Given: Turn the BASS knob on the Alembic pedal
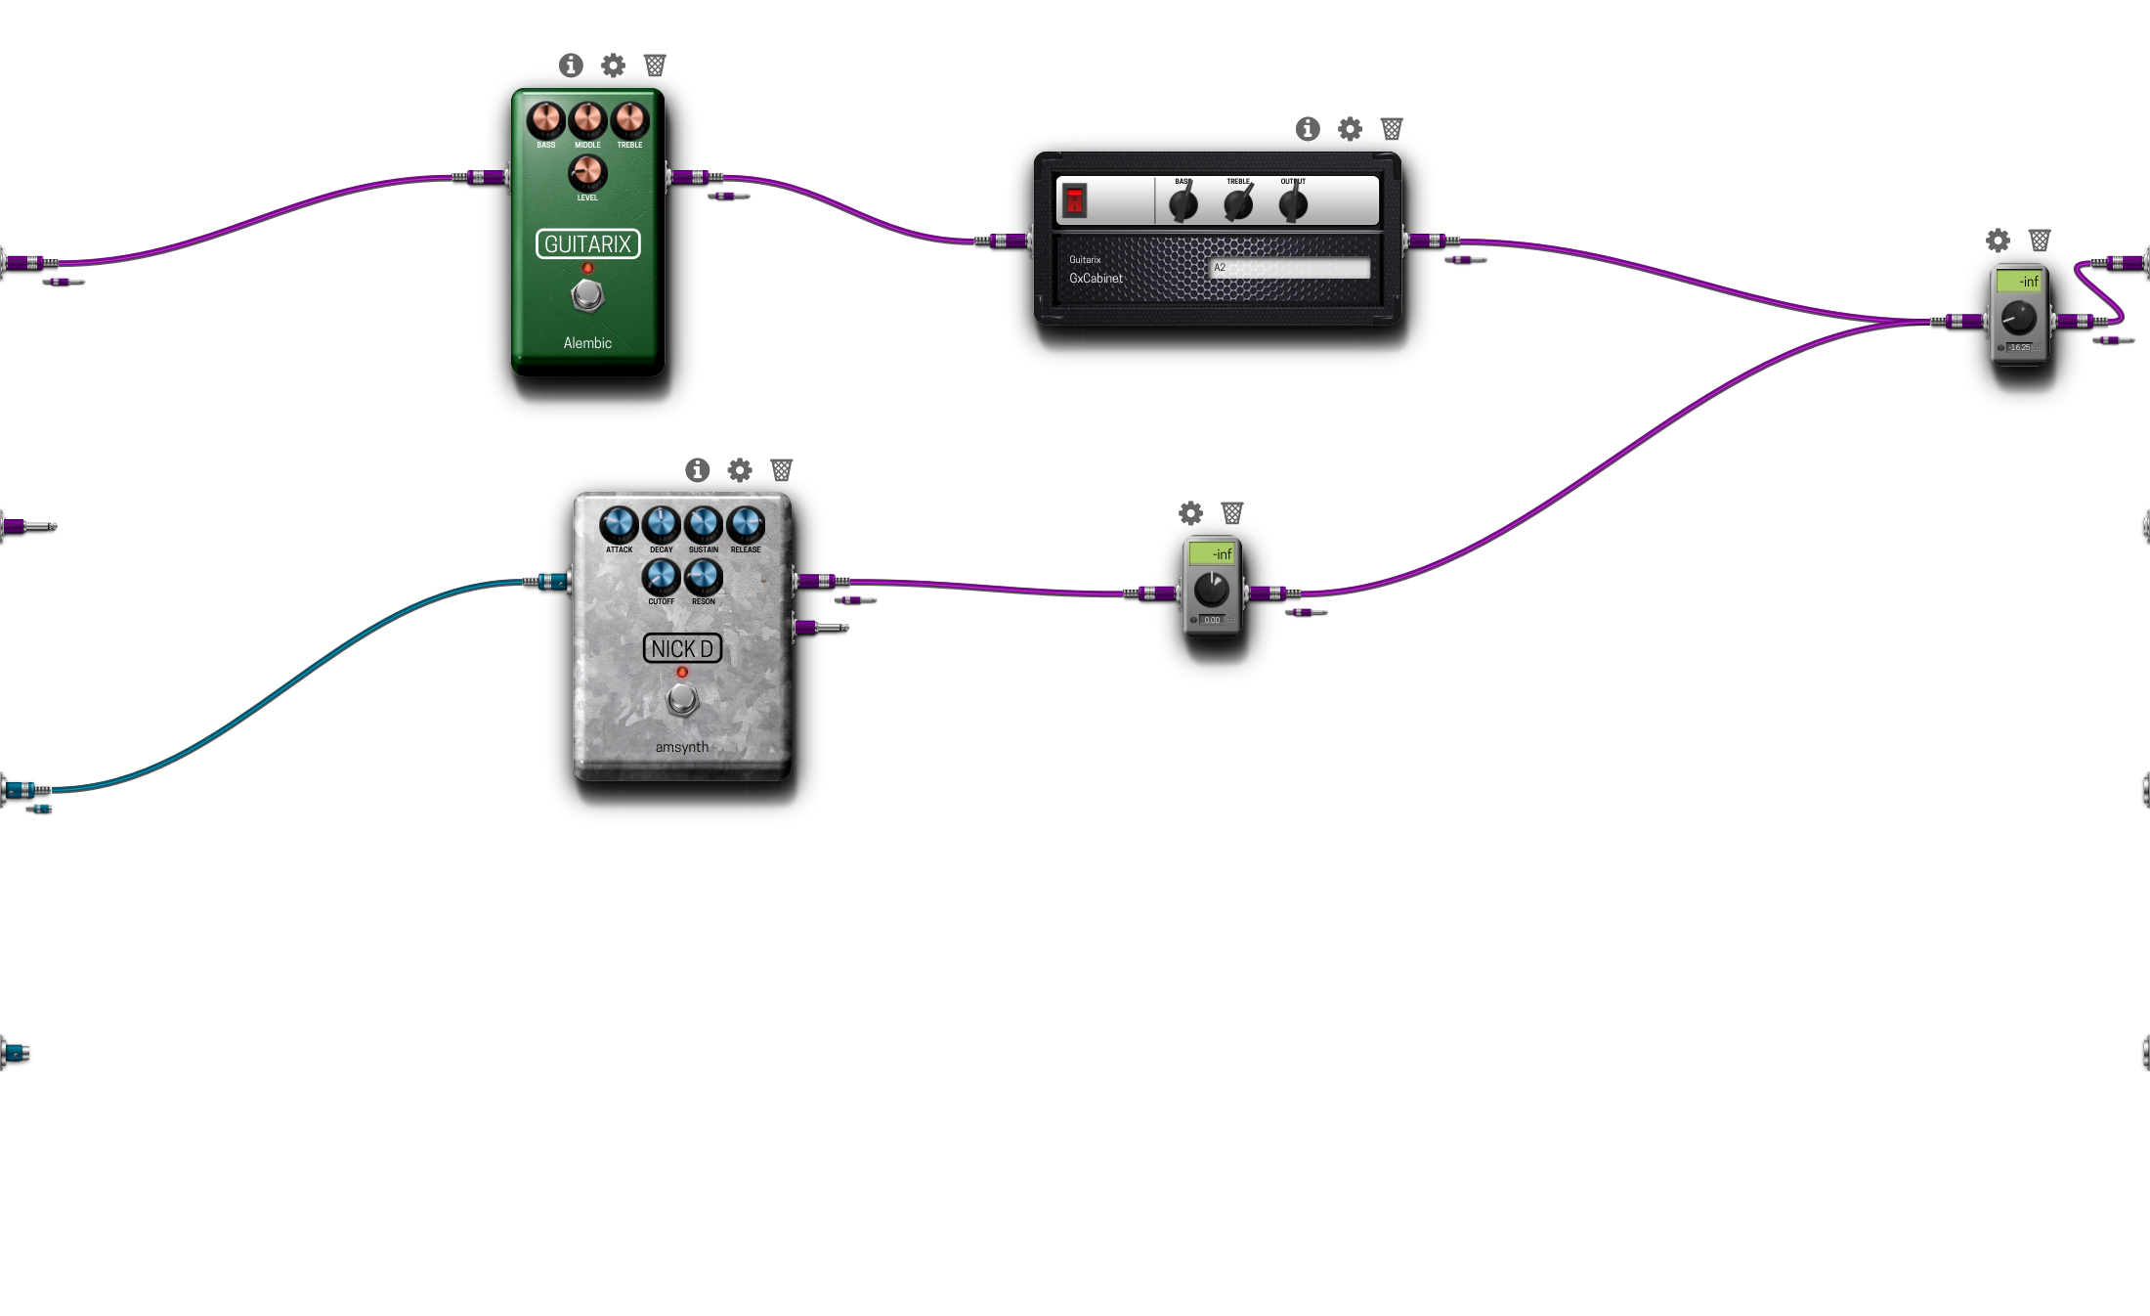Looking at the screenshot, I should click(545, 120).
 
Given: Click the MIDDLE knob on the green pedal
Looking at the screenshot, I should click(587, 120).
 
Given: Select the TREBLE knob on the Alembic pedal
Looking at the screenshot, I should click(629, 120).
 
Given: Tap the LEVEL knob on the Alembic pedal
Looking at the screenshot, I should click(587, 173).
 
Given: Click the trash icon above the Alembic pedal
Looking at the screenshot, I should click(655, 66).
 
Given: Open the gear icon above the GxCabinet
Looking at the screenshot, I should click(1350, 129).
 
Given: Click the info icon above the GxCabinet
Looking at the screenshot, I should click(1308, 129).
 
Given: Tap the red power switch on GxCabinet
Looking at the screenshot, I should click(1075, 200).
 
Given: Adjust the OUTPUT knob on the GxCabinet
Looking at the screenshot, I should click(1293, 204).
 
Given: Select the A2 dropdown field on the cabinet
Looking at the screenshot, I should click(1289, 268).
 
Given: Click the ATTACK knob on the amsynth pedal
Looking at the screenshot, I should click(619, 525).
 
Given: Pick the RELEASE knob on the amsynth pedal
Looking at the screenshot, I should click(746, 525).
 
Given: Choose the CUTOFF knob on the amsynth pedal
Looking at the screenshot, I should click(661, 578).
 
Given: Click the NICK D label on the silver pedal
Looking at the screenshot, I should click(682, 648).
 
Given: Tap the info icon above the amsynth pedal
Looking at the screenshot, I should click(697, 470).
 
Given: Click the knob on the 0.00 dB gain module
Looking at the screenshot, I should click(1212, 590).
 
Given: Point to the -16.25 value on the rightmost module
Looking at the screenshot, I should click(2020, 347).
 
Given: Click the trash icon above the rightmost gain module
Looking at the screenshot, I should click(2040, 241).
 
